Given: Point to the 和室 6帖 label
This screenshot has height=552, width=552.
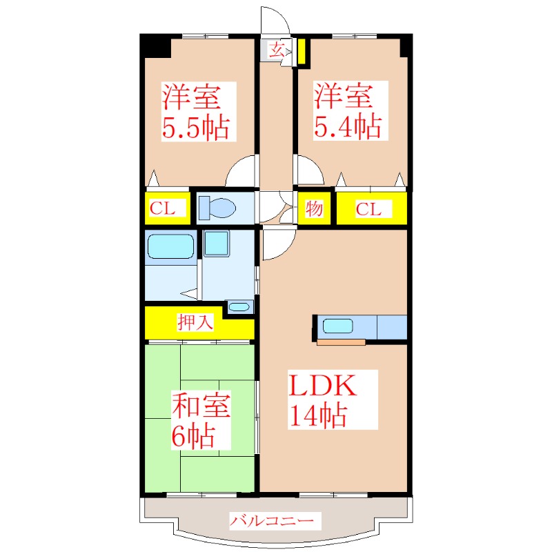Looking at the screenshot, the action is click(201, 420).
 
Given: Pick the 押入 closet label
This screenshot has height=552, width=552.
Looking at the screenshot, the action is click(195, 322).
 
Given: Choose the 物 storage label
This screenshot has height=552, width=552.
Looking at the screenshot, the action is click(314, 208).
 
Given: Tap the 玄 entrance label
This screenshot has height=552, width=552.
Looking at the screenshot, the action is click(277, 50).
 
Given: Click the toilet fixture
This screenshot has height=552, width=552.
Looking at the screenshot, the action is click(217, 208).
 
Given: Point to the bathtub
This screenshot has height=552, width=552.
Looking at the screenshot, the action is click(170, 246).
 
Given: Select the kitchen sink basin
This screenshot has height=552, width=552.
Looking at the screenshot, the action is click(337, 326).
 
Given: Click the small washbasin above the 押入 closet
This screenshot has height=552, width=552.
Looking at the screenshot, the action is click(239, 306).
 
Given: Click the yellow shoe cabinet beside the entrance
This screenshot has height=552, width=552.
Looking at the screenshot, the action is click(302, 52).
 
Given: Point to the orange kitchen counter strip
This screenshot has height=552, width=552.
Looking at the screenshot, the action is click(341, 342).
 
